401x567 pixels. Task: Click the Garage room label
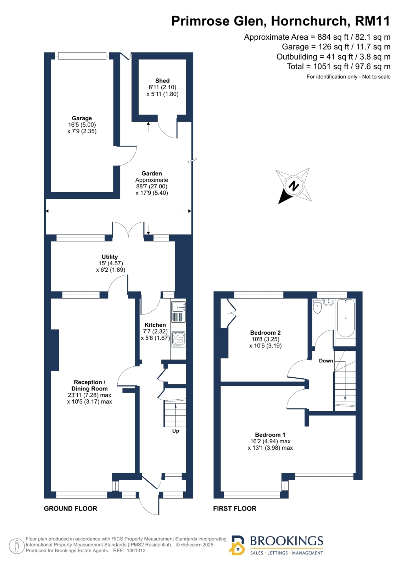[82, 118]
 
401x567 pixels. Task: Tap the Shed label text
[162, 81]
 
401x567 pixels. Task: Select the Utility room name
[110, 257]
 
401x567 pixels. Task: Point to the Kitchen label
[155, 325]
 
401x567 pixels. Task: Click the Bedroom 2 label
[265, 333]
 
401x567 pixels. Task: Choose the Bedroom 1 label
[270, 435]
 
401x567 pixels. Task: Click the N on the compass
[294, 186]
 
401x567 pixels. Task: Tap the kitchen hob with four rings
[178, 339]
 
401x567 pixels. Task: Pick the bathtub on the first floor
[346, 318]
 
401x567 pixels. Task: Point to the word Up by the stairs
[176, 431]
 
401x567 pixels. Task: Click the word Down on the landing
[326, 361]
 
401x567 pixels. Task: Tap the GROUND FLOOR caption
[71, 508]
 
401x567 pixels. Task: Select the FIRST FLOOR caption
[235, 508]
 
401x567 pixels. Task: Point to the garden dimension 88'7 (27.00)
[152, 186]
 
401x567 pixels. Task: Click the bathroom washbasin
[329, 302]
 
